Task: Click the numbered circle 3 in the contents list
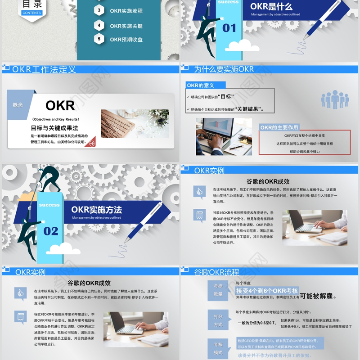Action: point(99,10)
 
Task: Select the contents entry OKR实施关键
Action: point(126,26)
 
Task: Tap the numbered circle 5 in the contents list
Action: point(99,39)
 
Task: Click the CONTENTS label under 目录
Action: point(31,13)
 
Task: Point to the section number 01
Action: point(229,28)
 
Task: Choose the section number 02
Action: point(51,231)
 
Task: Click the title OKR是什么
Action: point(271,7)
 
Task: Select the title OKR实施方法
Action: point(96,210)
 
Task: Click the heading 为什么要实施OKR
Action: point(224,69)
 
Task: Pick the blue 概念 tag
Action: point(18,105)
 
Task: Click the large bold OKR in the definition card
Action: point(60,106)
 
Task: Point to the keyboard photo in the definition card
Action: point(135,124)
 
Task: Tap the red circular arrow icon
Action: point(92,143)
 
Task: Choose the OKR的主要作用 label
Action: point(279,127)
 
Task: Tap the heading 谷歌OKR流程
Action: point(216,272)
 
